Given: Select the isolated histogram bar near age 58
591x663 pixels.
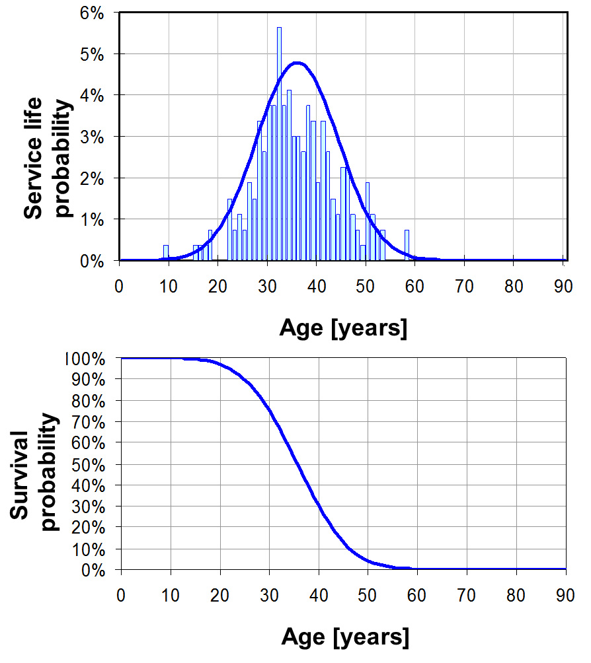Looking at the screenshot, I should coord(407,245).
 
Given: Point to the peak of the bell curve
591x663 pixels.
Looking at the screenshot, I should coord(297,63).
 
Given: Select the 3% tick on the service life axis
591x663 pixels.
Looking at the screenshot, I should coord(92,136).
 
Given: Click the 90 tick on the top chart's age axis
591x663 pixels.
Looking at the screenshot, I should coord(562,287).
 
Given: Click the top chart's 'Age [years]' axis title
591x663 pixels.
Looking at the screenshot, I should coord(343,328).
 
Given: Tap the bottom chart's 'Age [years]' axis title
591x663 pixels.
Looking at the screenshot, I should coord(344,637).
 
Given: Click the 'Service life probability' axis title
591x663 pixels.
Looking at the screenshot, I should coord(48,157).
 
